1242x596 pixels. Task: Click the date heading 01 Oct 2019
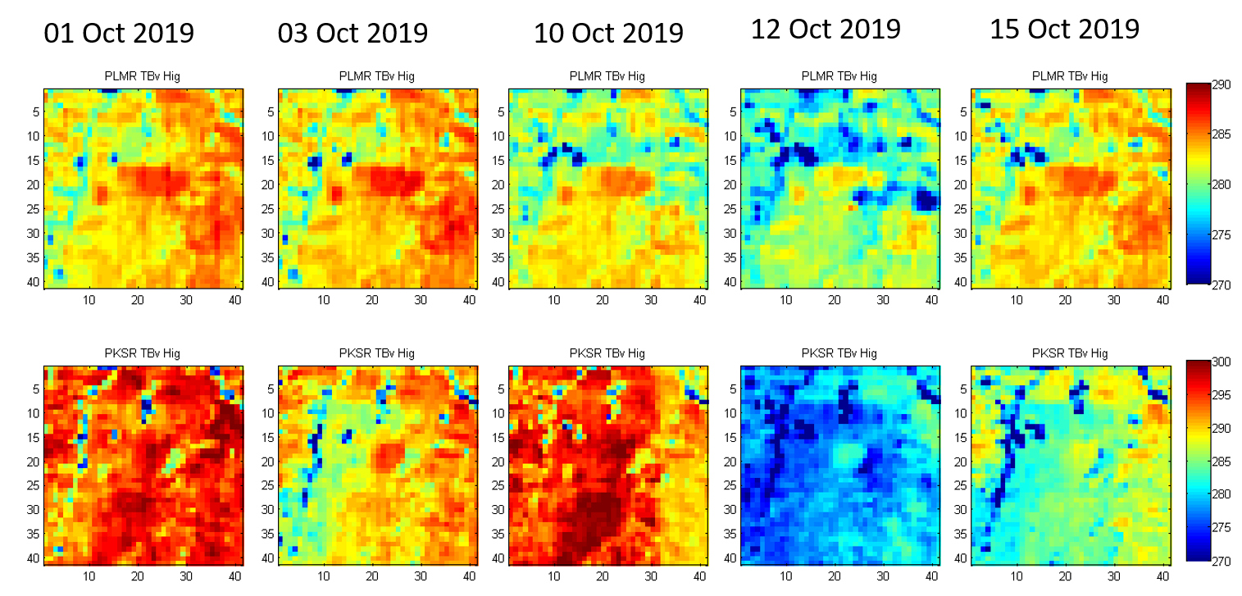point(119,34)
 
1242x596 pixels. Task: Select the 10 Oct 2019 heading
point(608,34)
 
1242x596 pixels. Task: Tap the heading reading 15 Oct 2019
point(1064,30)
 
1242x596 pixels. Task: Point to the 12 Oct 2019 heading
point(826,30)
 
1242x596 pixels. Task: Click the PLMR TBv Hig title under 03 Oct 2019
point(376,76)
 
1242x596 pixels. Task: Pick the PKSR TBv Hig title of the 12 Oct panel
point(839,353)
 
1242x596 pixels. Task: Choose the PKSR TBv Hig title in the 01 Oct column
point(142,353)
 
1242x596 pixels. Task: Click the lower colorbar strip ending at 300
point(1199,461)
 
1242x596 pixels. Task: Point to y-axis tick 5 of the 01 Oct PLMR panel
point(35,109)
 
